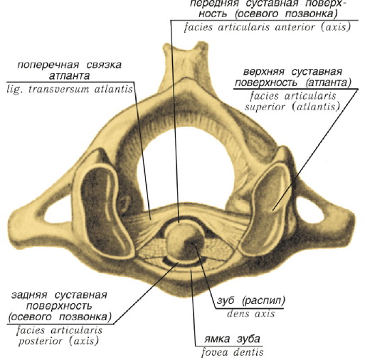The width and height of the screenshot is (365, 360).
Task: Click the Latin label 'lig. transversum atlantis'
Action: pyautogui.click(x=70, y=90)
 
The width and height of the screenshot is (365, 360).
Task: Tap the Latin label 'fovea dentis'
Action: pyautogui.click(x=232, y=352)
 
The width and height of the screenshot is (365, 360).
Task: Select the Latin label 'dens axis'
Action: pyautogui.click(x=251, y=314)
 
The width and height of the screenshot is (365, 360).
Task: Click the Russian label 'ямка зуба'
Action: pyautogui.click(x=232, y=339)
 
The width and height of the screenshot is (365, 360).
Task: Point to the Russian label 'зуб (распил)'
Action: pyautogui.click(x=251, y=301)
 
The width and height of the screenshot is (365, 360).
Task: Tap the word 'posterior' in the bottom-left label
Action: pyautogui.click(x=41, y=342)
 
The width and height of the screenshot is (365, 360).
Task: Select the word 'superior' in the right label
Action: pyautogui.click(x=265, y=107)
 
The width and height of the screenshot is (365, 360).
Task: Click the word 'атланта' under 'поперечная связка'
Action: pyautogui.click(x=70, y=76)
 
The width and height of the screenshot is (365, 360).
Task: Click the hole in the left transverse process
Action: pyautogui.click(x=57, y=211)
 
